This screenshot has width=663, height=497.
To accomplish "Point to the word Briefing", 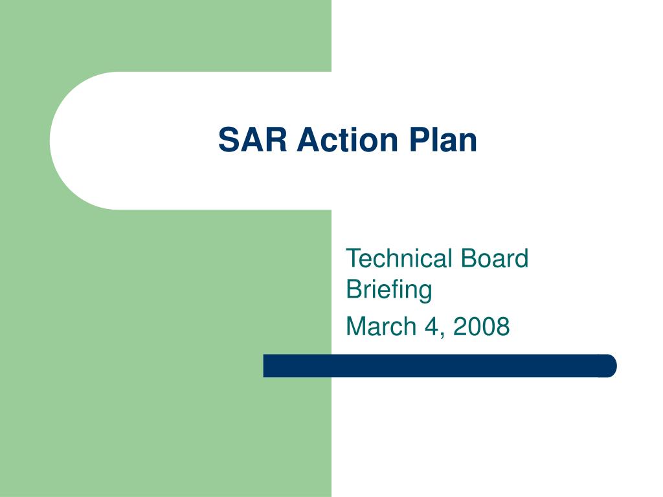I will pos(389,289).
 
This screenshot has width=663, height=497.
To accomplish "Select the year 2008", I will pos(482,326).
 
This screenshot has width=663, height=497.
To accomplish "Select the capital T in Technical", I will pos(353,259).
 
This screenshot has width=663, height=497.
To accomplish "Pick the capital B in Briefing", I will pos(354,289).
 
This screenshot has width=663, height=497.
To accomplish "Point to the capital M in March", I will pos(356,326).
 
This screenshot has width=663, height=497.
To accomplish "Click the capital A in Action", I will pos(307,140).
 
